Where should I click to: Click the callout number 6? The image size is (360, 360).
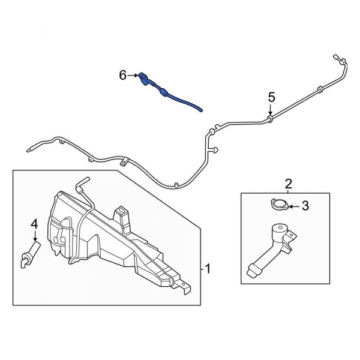123,76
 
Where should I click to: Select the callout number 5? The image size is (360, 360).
271,97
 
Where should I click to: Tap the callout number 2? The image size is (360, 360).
289,184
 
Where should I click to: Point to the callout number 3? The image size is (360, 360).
305,207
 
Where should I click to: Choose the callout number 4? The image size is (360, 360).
34,224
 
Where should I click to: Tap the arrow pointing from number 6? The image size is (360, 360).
133,76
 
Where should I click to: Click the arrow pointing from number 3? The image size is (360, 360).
293,207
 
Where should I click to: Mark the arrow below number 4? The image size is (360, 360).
34,237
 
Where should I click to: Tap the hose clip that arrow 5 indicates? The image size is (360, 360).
271,119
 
